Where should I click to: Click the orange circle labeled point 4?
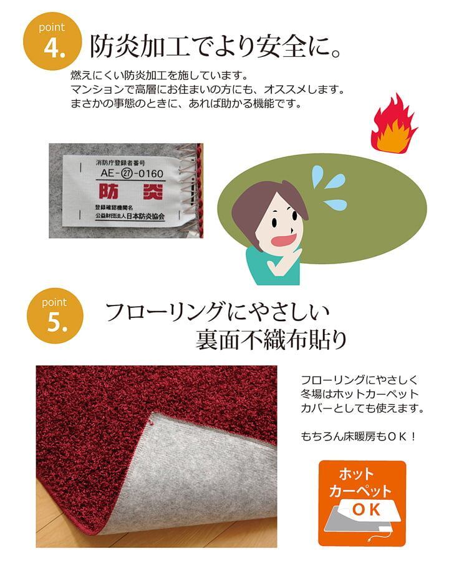[x=52, y=41]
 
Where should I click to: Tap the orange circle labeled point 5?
[x=55, y=315]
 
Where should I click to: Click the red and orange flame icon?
[x=393, y=124]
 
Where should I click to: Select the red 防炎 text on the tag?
[x=131, y=191]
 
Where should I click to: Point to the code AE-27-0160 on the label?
[x=132, y=173]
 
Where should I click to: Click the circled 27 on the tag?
[x=127, y=174]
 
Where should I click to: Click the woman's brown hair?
[x=263, y=206]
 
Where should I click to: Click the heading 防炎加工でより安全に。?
[x=215, y=47]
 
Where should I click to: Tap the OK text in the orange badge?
[x=367, y=510]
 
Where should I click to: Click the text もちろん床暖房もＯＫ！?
[x=359, y=437]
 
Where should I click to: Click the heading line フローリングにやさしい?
[x=217, y=312]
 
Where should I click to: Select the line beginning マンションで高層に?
[x=207, y=89]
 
